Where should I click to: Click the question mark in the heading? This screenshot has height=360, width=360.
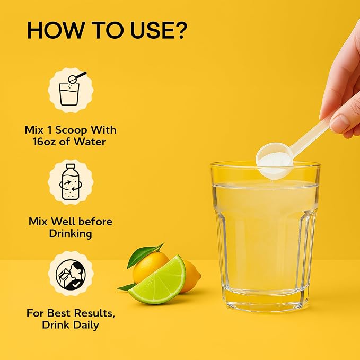pyautogui.click(x=179, y=30)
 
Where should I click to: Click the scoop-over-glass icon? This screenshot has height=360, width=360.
pyautogui.click(x=71, y=90)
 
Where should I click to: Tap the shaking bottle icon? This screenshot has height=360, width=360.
pyautogui.click(x=71, y=182)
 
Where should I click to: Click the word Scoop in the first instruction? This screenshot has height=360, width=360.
pyautogui.click(x=71, y=130)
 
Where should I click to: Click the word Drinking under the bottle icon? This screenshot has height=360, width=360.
pyautogui.click(x=71, y=234)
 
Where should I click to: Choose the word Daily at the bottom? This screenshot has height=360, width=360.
pyautogui.click(x=86, y=325)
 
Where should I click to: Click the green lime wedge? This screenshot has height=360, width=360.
pyautogui.click(x=159, y=284)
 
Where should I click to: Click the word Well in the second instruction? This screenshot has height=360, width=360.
pyautogui.click(x=63, y=222)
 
